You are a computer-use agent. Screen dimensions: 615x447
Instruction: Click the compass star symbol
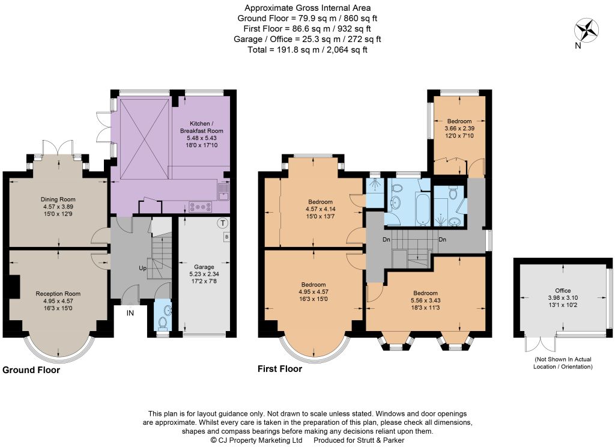586,31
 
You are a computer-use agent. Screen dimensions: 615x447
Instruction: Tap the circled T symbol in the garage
223,223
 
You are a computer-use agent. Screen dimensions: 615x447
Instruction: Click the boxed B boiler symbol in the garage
226,237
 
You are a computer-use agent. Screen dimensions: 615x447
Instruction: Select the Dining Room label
58,199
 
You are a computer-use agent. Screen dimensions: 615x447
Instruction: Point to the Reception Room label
58,294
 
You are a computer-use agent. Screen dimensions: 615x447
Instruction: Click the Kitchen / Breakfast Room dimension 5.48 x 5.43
202,138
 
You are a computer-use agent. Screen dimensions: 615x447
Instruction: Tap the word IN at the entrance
130,313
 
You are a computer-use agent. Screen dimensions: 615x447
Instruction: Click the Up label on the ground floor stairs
143,268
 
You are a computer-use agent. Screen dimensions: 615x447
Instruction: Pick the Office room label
563,290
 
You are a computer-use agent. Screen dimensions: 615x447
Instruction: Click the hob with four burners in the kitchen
201,207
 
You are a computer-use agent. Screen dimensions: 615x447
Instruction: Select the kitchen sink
225,192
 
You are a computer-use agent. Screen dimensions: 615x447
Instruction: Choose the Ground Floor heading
31,370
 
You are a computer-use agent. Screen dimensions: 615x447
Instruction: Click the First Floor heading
280,369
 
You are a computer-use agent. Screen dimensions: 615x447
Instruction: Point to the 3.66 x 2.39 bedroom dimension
459,129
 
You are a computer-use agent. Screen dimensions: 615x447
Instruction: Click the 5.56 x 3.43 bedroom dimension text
426,300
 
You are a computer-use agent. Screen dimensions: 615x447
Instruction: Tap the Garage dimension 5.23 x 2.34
204,274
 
